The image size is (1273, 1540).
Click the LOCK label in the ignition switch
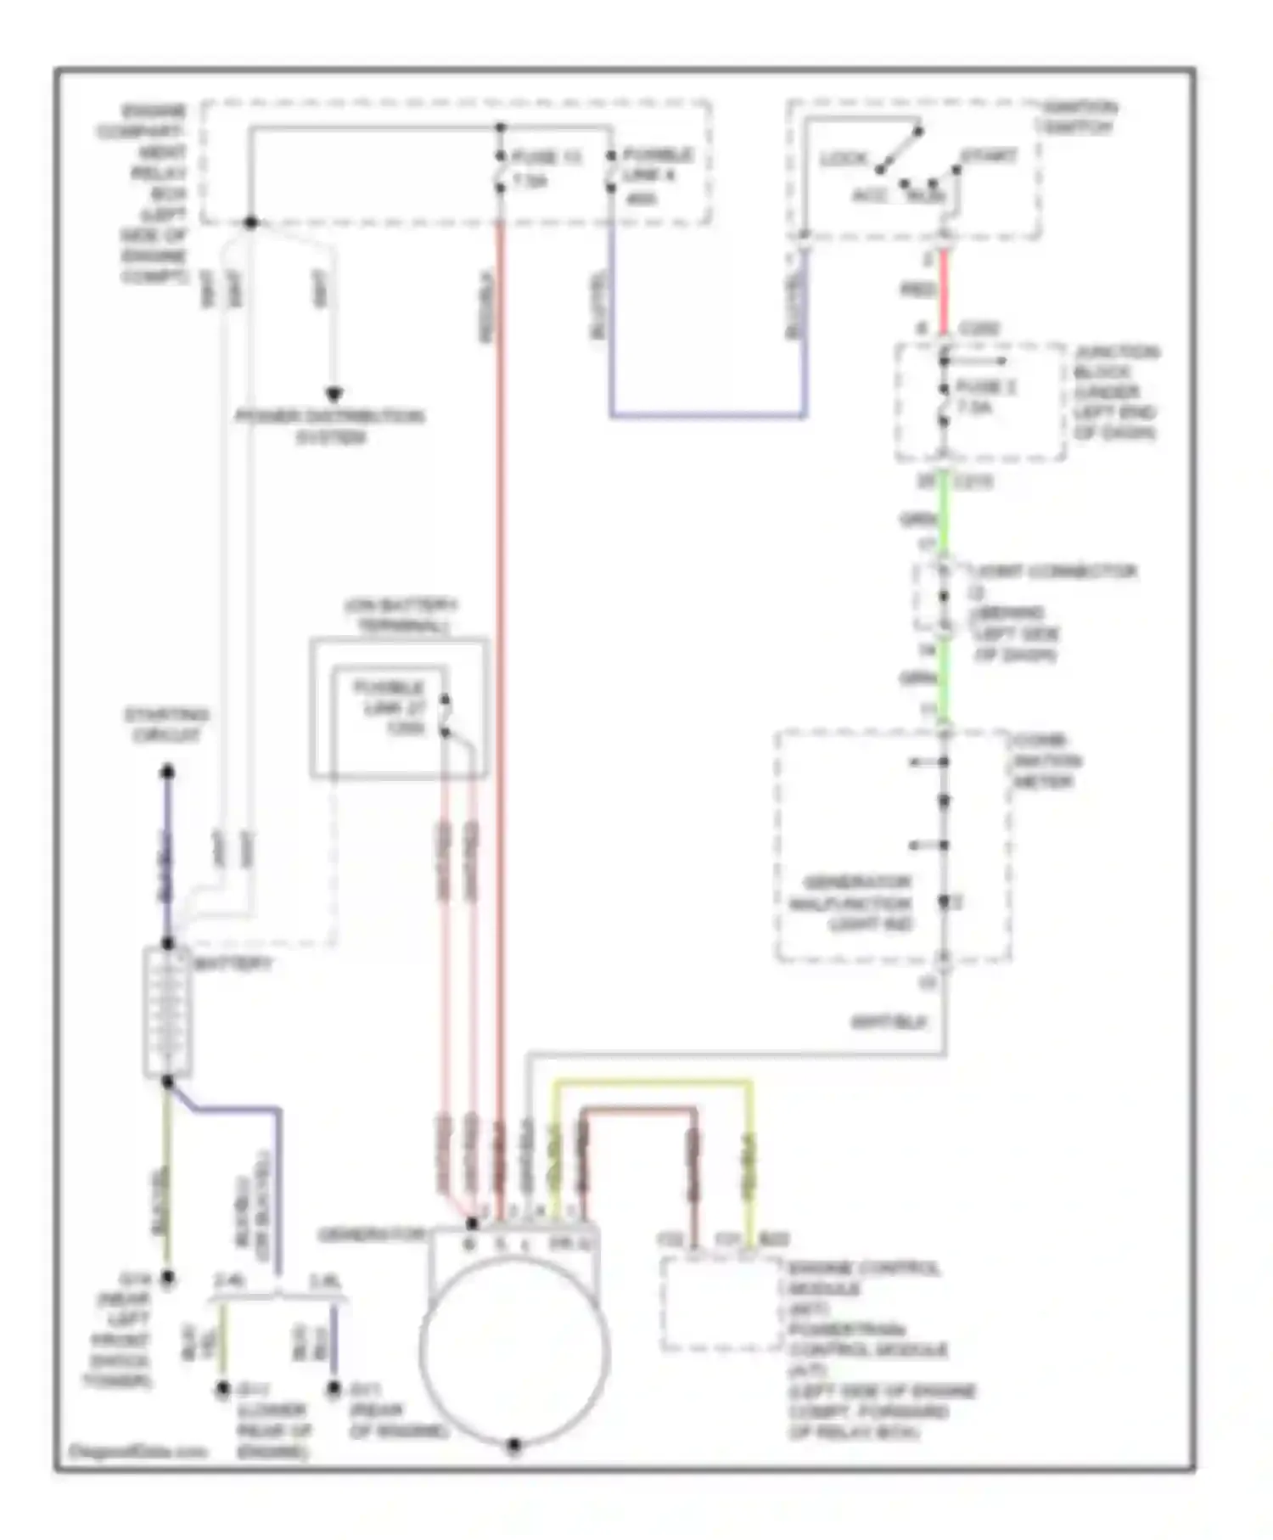pos(843,159)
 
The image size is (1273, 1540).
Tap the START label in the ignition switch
pos(989,157)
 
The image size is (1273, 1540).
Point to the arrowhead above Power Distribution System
pos(334,394)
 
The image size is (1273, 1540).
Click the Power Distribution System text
pos(330,426)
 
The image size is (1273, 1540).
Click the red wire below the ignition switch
pos(944,289)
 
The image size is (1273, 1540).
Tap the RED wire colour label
pos(917,290)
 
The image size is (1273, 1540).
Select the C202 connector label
pos(979,329)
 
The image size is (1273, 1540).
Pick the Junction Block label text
pos(1115,392)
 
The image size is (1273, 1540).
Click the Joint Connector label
pos(1054,571)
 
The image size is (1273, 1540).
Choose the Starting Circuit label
pos(167,724)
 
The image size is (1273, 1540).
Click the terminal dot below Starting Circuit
pos(168,772)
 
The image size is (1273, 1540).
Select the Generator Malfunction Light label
pos(850,902)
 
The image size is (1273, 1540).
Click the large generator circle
pos(514,1350)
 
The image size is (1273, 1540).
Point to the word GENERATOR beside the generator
pos(371,1234)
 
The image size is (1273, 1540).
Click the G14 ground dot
pos(168,1277)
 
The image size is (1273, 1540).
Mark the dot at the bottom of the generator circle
pos(513,1445)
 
